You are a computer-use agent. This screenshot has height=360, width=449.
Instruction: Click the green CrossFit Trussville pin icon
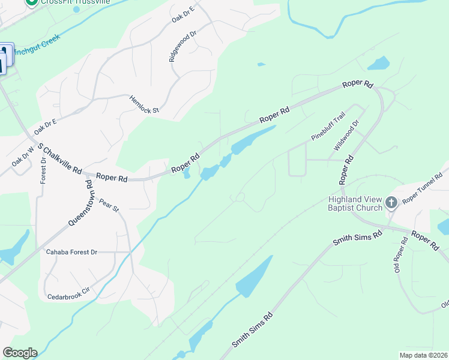34,2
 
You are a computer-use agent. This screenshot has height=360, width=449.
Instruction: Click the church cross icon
391,203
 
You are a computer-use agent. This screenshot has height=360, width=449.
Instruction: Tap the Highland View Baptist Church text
355,203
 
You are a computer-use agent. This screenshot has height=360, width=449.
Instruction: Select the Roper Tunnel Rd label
423,193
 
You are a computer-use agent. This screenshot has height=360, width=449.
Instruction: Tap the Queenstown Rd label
82,205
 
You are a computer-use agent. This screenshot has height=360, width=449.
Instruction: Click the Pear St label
110,205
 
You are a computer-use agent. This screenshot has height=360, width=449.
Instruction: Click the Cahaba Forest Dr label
71,252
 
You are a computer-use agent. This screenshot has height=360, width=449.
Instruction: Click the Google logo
20,353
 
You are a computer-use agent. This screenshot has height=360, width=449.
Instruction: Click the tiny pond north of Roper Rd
261,64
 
